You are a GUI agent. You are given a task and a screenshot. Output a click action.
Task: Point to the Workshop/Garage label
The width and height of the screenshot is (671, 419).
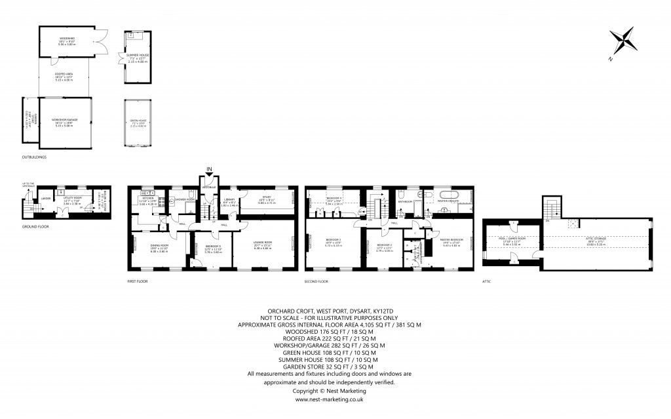[x=65, y=121]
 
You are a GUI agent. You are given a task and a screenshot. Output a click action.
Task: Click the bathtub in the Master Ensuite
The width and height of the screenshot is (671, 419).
[x=450, y=195]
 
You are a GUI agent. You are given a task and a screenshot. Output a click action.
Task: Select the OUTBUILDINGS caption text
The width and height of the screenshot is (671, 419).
[x=33, y=157]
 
